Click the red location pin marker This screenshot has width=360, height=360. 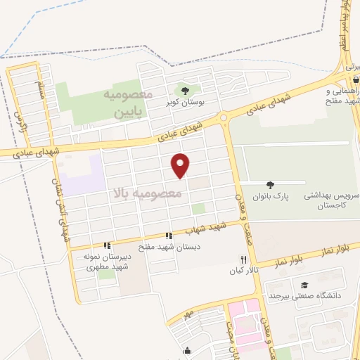tap(181, 165)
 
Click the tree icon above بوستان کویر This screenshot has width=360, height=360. tap(186, 91)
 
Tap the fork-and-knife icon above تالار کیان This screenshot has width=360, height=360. tap(243, 259)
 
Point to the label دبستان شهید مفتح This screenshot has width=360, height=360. tap(168, 247)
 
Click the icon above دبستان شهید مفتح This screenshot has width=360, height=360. tap(168, 236)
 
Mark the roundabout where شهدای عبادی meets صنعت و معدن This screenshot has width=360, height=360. tap(224, 118)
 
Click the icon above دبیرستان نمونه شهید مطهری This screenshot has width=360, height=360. tap(107, 245)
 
